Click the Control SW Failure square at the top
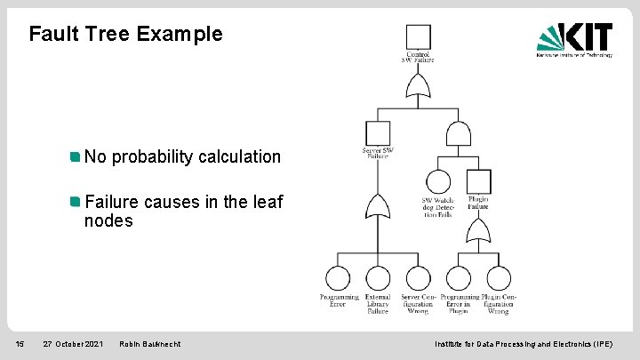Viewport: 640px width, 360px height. (x=418, y=37)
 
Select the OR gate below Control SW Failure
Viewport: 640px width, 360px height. (x=418, y=86)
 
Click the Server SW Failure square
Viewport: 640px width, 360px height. (x=378, y=133)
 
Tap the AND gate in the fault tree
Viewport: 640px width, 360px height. (x=458, y=133)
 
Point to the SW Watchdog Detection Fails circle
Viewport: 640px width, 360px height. (x=437, y=182)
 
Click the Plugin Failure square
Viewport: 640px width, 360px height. (x=478, y=182)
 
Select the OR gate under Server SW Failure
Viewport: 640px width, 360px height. (x=378, y=207)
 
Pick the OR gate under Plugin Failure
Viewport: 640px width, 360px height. (x=478, y=231)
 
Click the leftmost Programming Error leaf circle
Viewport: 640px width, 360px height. (x=339, y=278)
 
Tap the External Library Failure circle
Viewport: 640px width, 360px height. (x=378, y=278)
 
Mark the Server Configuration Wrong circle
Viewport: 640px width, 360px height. (x=417, y=278)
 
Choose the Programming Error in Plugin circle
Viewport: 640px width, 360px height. (x=459, y=278)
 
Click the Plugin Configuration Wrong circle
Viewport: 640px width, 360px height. (x=498, y=278)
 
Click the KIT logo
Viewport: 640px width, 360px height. (x=574, y=39)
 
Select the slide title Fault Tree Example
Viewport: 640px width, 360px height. (x=125, y=35)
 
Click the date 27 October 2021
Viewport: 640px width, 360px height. (x=73, y=344)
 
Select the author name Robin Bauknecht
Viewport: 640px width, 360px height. (x=149, y=344)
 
